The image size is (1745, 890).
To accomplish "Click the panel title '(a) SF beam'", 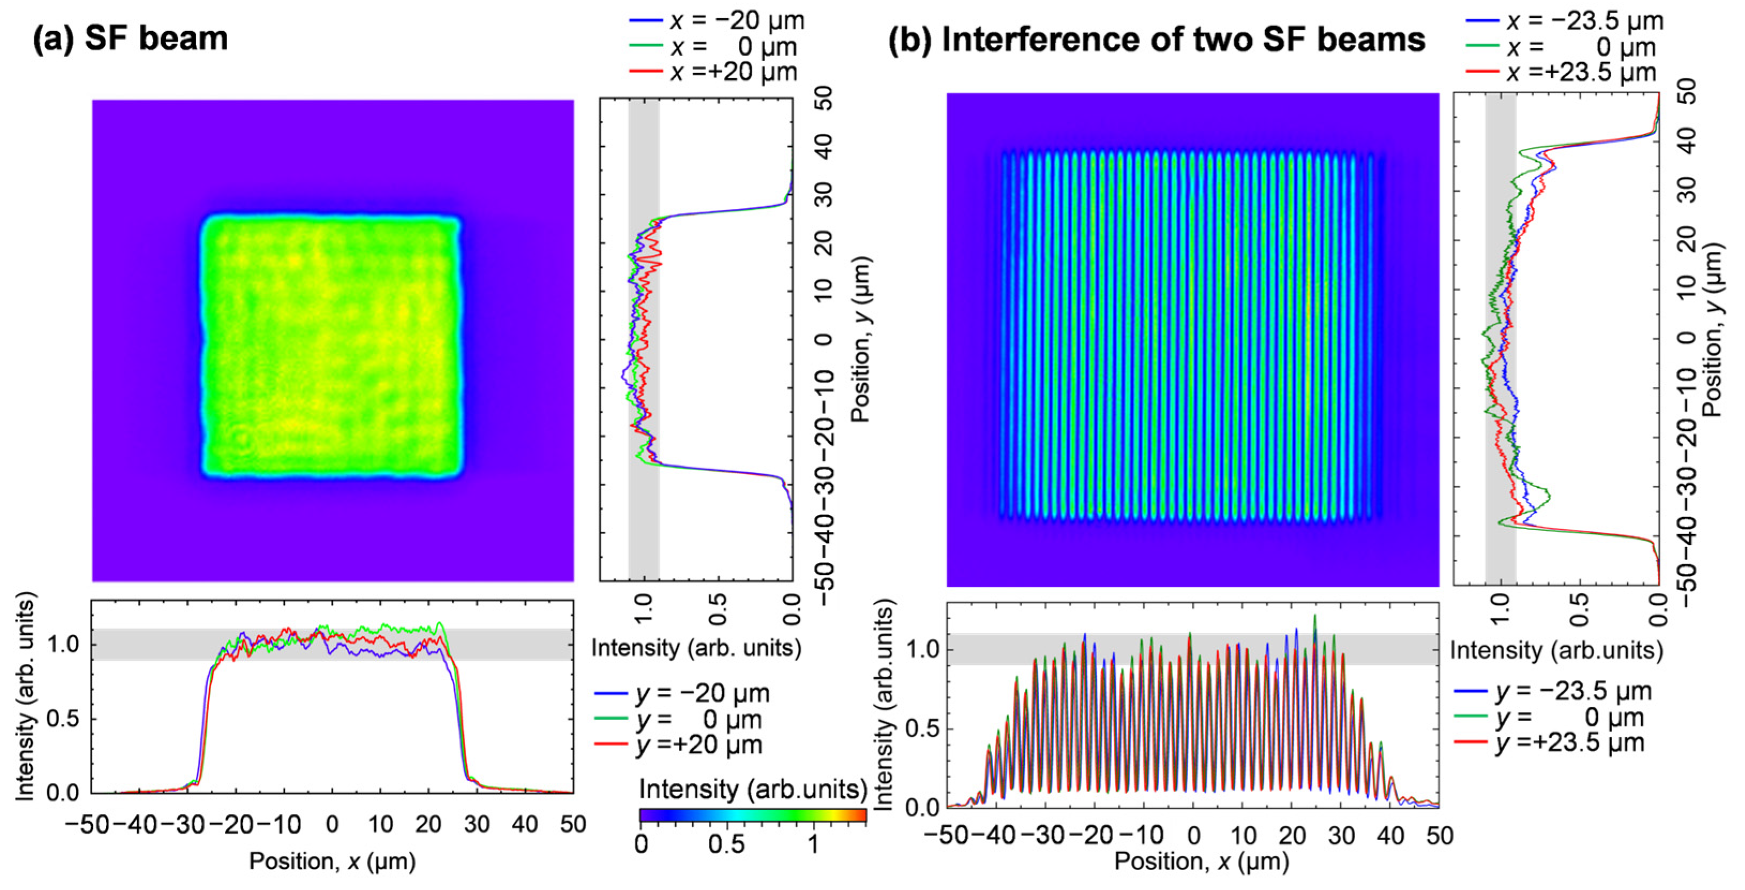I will (x=130, y=38).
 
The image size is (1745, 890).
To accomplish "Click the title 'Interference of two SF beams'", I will (x=1183, y=39).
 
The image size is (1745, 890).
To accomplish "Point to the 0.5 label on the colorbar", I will (x=726, y=844).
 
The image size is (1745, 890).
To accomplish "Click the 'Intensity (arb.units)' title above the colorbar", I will (x=753, y=789).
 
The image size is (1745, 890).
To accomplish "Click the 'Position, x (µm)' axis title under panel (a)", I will (x=332, y=861).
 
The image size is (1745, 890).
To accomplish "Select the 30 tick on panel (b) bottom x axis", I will (x=1341, y=836).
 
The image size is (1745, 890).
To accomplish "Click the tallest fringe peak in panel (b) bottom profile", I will (x=1315, y=616).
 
